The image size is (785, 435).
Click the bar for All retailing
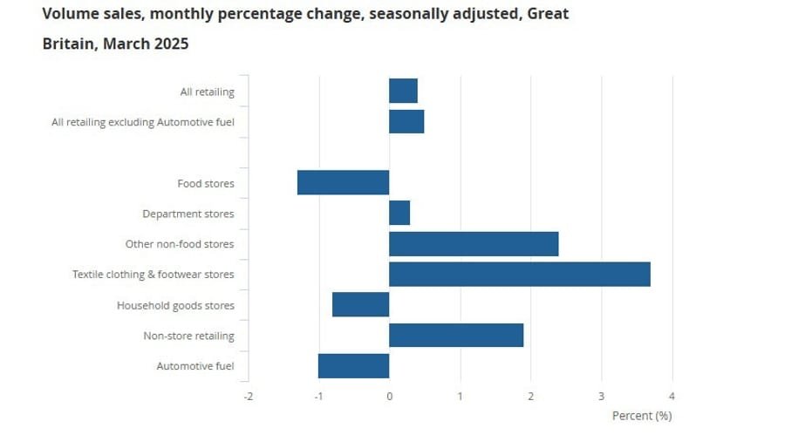pyautogui.click(x=403, y=91)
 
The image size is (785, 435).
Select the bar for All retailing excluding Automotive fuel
pyautogui.click(x=406, y=121)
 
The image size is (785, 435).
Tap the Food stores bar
pyautogui.click(x=343, y=183)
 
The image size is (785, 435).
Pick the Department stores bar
pyautogui.click(x=399, y=213)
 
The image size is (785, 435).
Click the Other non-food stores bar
pyautogui.click(x=474, y=244)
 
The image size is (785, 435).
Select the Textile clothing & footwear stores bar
pyautogui.click(x=519, y=275)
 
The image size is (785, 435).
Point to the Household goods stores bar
pyautogui.click(x=360, y=305)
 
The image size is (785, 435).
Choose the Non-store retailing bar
pyautogui.click(x=456, y=336)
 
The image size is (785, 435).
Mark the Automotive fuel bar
pyautogui.click(x=353, y=366)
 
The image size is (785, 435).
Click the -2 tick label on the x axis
pyautogui.click(x=248, y=397)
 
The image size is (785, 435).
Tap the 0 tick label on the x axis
pyautogui.click(x=389, y=397)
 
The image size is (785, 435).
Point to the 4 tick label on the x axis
pyautogui.click(x=672, y=397)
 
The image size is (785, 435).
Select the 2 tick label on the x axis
pyautogui.click(x=530, y=397)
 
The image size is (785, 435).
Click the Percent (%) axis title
pyautogui.click(x=642, y=416)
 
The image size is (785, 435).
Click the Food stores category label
pyautogui.click(x=205, y=183)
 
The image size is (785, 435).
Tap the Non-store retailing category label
pyautogui.click(x=188, y=336)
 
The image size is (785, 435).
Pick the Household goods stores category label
pyautogui.click(x=175, y=305)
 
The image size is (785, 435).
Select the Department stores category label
pyautogui.click(x=188, y=214)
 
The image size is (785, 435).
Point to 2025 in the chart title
pyautogui.click(x=167, y=44)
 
